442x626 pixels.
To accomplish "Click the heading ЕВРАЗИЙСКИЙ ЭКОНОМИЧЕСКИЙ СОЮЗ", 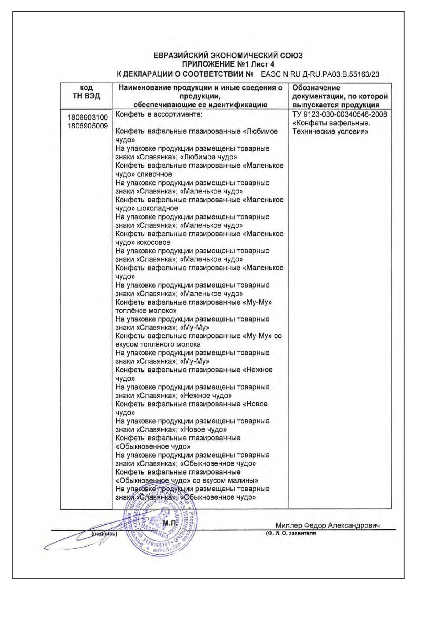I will pos(228,56).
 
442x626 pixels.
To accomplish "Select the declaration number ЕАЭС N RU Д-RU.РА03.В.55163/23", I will pos(320,75).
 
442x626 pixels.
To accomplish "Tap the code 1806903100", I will pos(88,117).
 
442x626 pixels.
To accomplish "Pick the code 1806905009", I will pos(88,126).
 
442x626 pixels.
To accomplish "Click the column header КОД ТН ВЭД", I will pos(86,92).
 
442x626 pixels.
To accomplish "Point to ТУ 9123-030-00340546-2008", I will pos(339,114).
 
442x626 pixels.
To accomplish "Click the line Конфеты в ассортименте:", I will pos(159,114).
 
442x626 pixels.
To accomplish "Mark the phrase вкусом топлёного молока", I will pos(158,345).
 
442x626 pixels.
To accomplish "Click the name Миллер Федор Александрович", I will pos(327,525).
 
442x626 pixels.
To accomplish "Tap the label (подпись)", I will pos(104,534).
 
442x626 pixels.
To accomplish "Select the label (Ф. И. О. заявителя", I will pos(291,533).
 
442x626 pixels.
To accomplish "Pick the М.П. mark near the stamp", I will pos(170,523).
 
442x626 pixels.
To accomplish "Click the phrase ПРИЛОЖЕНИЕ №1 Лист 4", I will pos(228,65).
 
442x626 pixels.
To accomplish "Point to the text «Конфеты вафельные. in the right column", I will pos(331,123).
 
